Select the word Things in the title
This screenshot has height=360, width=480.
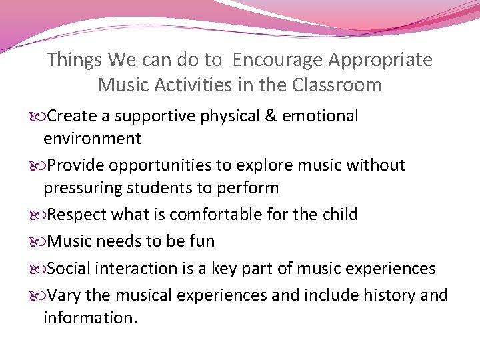tap(73, 61)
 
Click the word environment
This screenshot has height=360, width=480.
tap(92, 139)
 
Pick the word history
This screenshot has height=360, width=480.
tap(381, 295)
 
